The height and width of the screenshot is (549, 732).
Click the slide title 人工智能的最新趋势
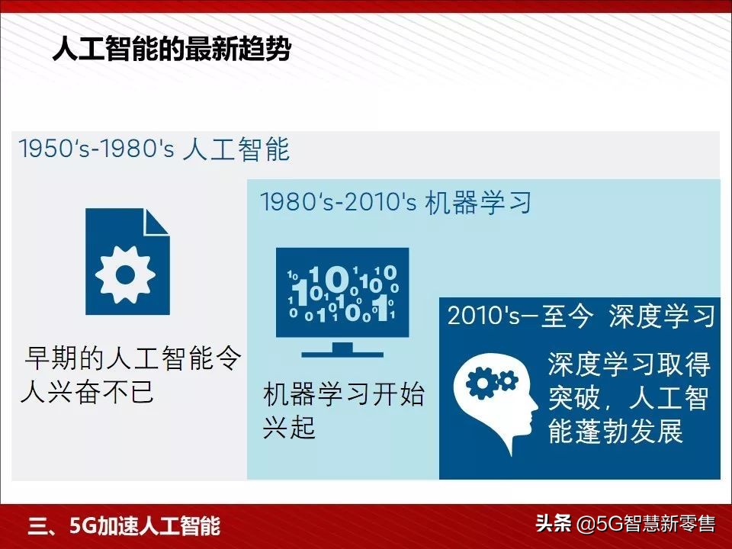pos(172,51)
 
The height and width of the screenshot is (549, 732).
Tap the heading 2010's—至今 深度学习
pos(581,316)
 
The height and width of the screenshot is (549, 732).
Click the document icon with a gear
pos(127,262)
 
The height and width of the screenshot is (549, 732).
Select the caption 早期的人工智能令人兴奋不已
pos(133,374)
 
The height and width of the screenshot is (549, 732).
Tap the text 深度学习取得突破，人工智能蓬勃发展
pos(628,398)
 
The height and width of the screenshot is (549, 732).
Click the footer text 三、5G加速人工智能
pos(124,526)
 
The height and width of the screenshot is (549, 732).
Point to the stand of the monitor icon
pos(342,350)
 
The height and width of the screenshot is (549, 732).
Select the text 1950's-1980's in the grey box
pos(96,149)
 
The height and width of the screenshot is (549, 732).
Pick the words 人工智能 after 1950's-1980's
pos(236,149)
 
